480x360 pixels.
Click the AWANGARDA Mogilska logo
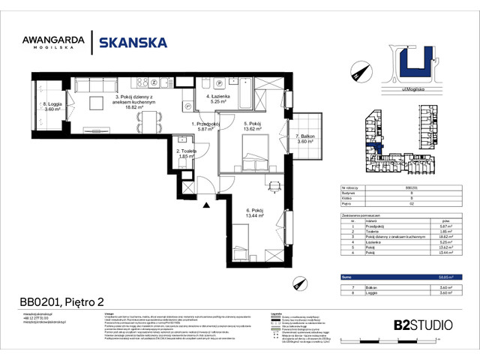click(61, 42)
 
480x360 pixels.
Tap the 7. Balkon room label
click(304, 139)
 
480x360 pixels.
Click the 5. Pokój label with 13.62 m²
click(251, 127)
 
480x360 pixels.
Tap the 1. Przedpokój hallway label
click(204, 127)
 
